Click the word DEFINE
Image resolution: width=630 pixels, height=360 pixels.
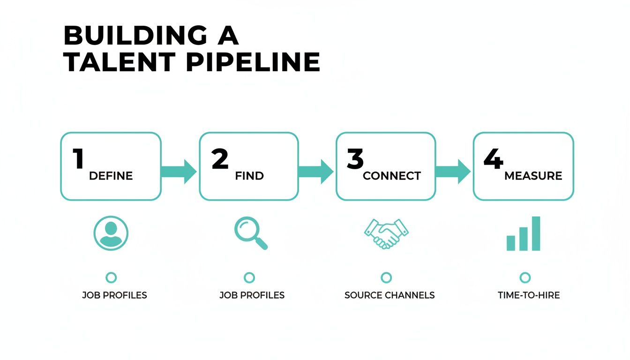111,176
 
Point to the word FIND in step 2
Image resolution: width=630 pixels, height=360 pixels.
249,176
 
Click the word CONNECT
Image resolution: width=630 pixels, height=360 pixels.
392,176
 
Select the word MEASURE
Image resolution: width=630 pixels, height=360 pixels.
533,176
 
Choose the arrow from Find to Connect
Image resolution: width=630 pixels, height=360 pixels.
316,171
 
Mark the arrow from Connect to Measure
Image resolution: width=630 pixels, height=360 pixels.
453,171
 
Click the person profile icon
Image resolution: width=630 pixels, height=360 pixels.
111,233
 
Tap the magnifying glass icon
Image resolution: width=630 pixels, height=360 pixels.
250,233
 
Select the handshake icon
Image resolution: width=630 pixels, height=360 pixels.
386,233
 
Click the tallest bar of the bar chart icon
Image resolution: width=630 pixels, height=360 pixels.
536,233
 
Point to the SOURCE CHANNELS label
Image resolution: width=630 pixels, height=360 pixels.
390,295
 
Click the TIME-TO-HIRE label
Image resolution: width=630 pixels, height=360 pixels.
529,295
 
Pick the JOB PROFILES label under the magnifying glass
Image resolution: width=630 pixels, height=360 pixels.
252,295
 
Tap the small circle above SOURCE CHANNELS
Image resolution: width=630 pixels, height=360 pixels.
386,278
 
